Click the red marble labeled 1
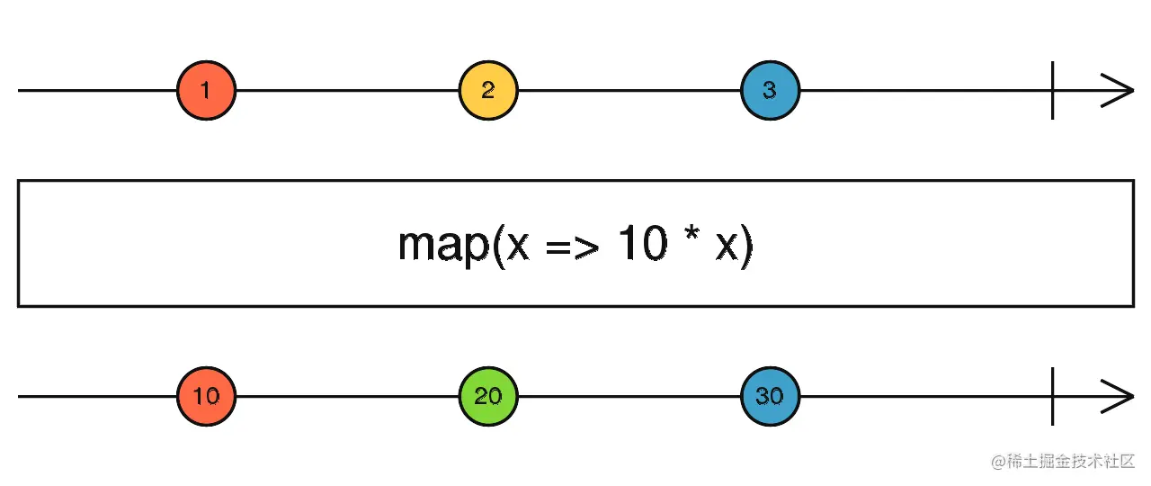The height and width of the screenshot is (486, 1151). click(206, 91)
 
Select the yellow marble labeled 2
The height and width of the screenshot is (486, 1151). click(488, 91)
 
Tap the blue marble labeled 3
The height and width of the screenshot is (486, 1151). click(771, 91)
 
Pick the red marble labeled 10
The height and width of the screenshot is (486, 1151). click(206, 397)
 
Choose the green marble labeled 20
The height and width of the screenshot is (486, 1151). click(488, 397)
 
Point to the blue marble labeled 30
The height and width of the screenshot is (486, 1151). click(771, 397)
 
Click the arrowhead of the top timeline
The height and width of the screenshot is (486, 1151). click(1118, 91)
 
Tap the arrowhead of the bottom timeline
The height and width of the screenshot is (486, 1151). click(1118, 397)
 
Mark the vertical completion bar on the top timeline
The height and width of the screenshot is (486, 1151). click(1053, 91)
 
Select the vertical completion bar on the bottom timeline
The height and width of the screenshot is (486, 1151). click(1053, 397)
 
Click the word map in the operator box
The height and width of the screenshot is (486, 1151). click(444, 247)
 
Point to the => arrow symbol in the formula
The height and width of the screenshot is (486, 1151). click(573, 247)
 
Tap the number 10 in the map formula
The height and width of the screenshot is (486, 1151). click(643, 242)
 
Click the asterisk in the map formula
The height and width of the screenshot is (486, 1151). click(691, 234)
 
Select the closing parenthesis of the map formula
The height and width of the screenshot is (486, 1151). click(747, 247)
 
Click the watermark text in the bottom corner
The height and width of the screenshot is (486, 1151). click(1063, 462)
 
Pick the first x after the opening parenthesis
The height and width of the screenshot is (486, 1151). click(518, 247)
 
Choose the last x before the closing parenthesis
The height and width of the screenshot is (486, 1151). click(727, 247)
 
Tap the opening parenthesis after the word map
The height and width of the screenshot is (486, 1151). click(498, 247)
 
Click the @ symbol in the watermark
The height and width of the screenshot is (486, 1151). click(998, 462)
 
